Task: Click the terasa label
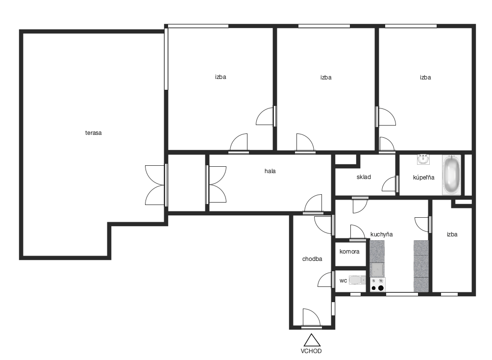[93, 133]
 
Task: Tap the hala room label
[270, 171]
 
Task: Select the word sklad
[364, 177]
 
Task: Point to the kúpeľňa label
[423, 178]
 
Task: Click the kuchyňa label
[382, 234]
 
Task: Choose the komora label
[349, 252]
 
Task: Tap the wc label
[343, 281]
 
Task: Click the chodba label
[312, 259]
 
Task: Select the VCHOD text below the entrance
[311, 351]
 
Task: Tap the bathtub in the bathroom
[451, 175]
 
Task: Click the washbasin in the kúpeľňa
[423, 159]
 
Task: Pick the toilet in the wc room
[357, 280]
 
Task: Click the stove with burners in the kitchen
[378, 284]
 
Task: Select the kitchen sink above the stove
[377, 269]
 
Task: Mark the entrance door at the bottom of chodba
[312, 318]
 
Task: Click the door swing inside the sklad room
[389, 184]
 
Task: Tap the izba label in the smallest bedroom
[452, 234]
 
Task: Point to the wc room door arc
[325, 280]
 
